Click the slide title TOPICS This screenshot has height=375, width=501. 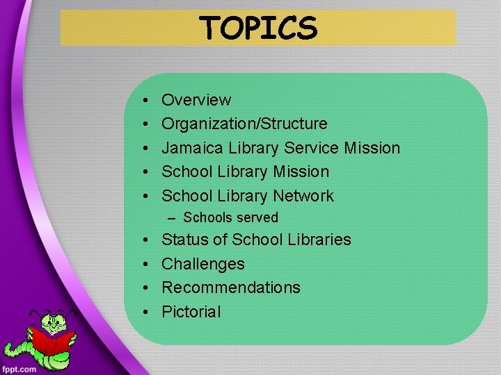tap(258, 28)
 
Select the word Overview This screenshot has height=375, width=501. tap(196, 100)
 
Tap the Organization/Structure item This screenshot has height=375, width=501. tap(244, 124)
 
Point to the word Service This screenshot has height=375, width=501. tap(314, 148)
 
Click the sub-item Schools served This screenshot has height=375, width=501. tap(230, 218)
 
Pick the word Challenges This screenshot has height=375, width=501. tap(203, 264)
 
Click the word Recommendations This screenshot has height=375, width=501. tap(231, 287)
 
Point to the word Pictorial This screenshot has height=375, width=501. tap(191, 312)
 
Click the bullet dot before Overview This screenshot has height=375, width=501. tap(143, 101)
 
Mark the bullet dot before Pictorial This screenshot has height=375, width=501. tap(143, 312)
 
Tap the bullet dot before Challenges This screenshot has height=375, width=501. tap(143, 265)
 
